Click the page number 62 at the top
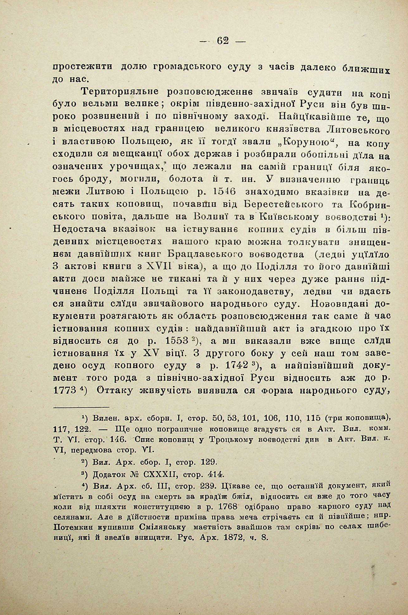point(223,41)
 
